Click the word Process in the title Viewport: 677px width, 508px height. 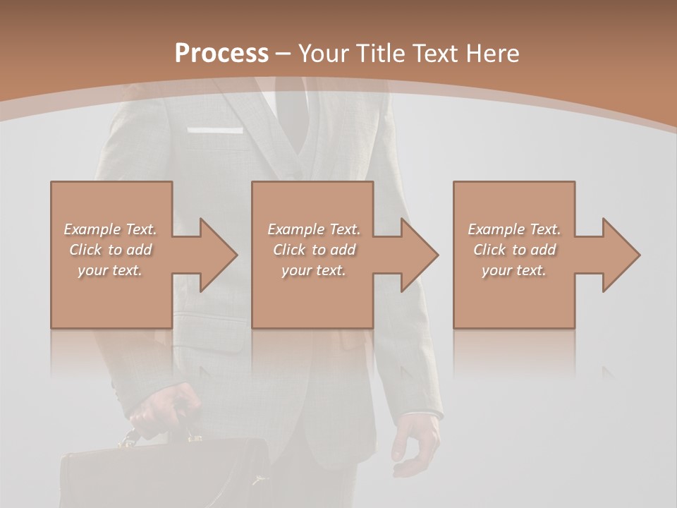(x=221, y=53)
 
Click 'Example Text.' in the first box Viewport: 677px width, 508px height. (x=110, y=229)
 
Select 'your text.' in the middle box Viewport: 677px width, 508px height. (x=314, y=270)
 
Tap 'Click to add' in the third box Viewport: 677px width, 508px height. (x=515, y=250)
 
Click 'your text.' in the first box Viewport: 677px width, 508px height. (x=110, y=270)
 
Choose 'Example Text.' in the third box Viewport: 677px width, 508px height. (x=514, y=229)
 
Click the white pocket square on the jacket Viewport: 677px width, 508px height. (x=215, y=131)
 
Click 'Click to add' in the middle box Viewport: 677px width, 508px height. (x=314, y=250)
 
